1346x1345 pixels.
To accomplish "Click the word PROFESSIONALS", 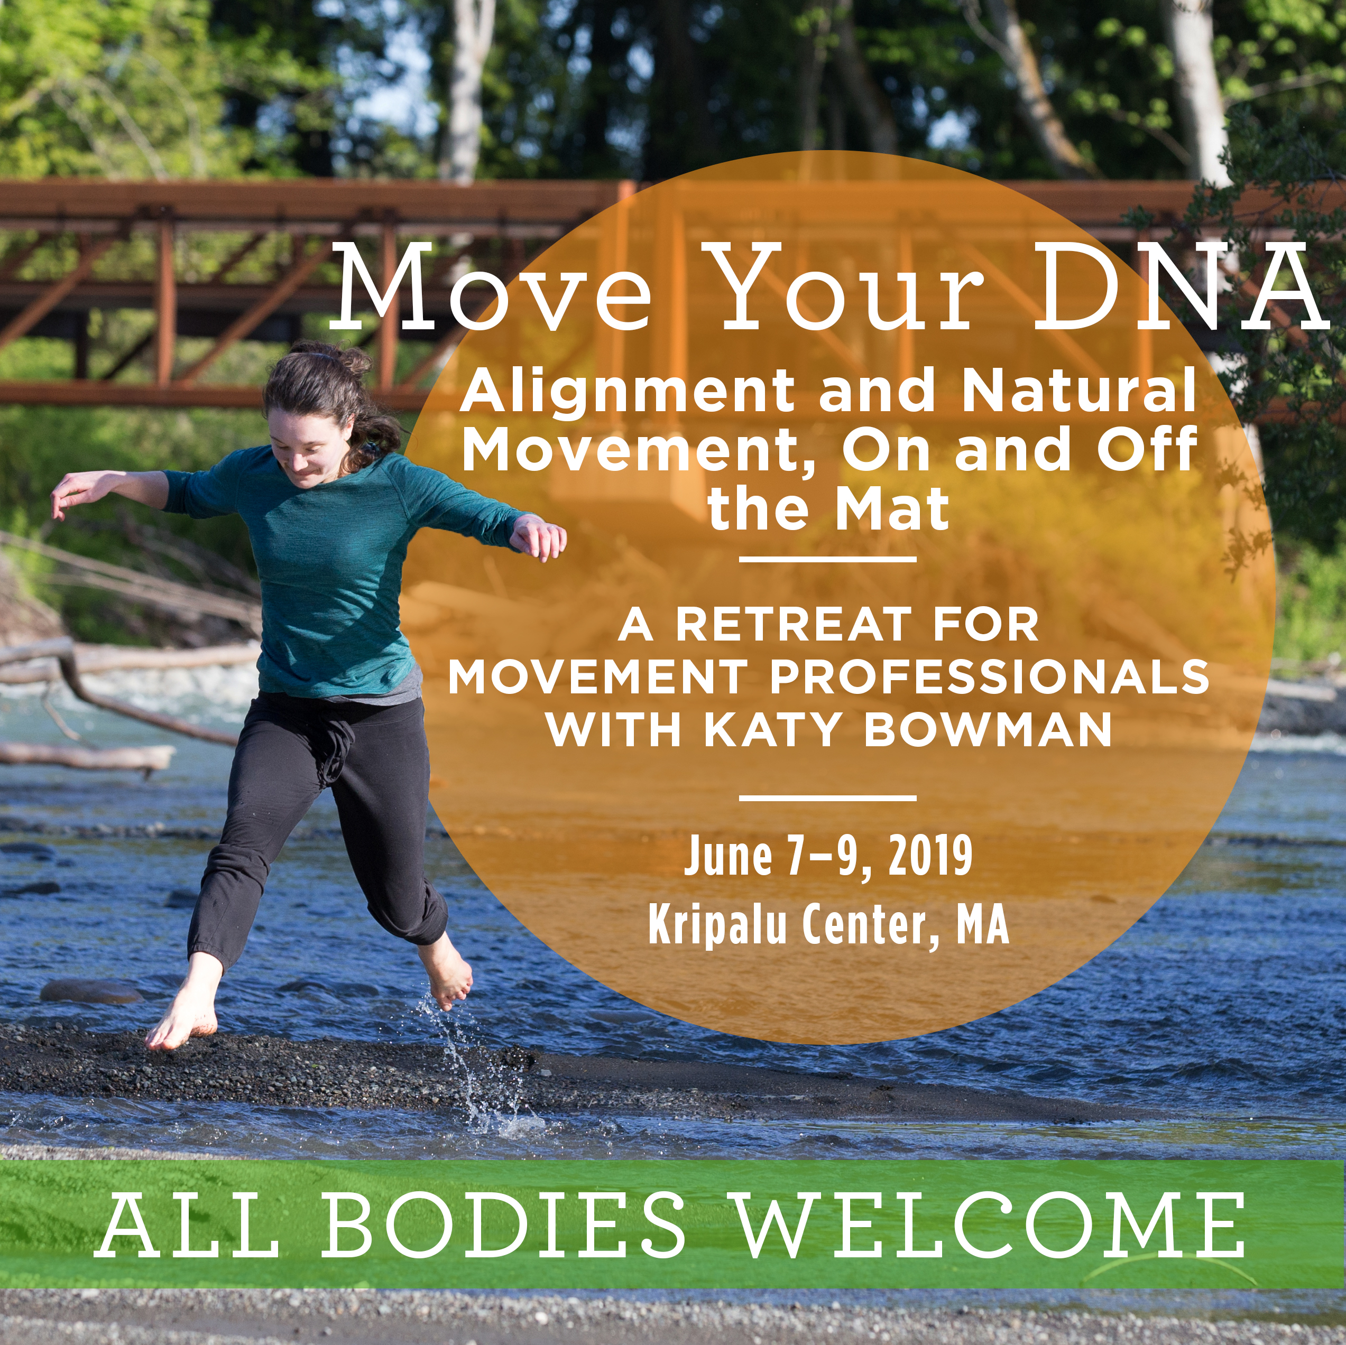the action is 989,676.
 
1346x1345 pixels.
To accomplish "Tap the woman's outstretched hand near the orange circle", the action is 539,536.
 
